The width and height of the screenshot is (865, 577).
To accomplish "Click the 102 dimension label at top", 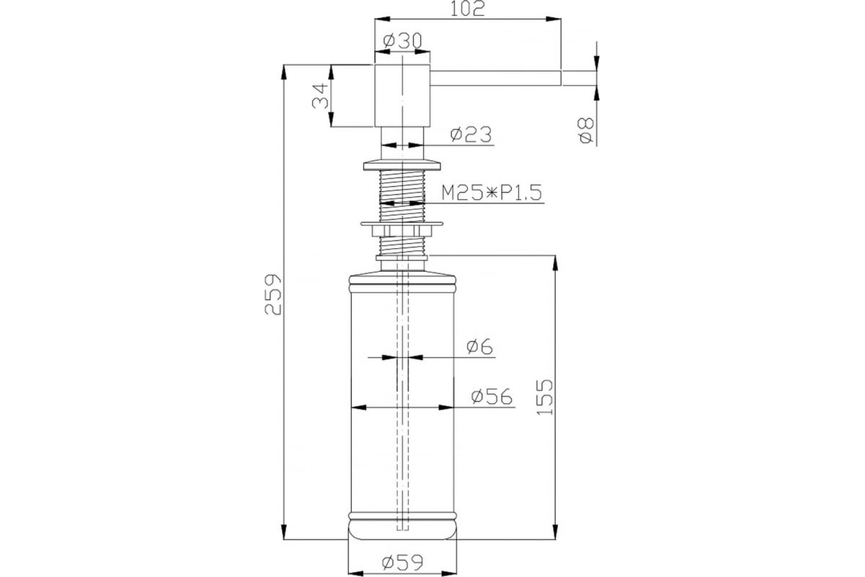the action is [x=467, y=9].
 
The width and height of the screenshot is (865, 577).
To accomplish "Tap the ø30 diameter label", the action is [x=402, y=41].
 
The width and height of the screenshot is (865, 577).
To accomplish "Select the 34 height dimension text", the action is [x=321, y=96].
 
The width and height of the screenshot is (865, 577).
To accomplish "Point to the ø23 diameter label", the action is [x=471, y=134].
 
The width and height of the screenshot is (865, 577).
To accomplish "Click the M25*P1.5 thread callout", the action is [x=492, y=193].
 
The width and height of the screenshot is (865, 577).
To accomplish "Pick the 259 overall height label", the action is [x=273, y=294].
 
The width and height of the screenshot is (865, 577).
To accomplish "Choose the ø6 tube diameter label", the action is [x=479, y=346].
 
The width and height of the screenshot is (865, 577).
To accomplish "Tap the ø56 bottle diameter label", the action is [x=492, y=397].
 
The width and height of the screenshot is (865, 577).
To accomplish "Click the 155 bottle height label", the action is [x=544, y=397].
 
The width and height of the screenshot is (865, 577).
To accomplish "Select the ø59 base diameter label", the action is [x=402, y=563].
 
